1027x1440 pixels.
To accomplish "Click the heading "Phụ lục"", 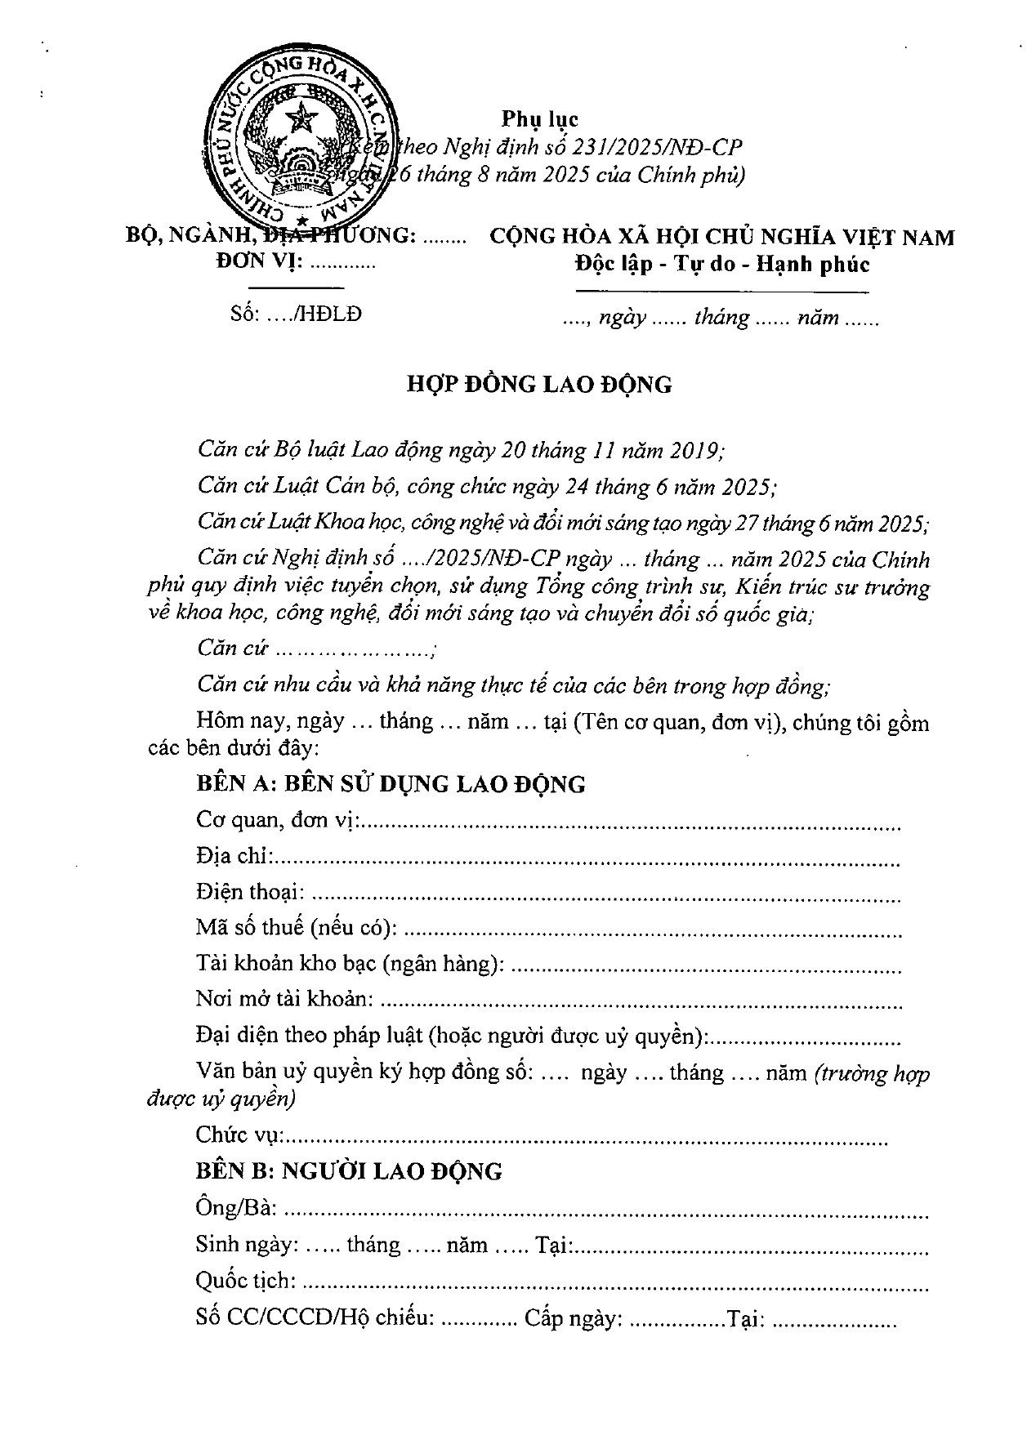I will (540, 118).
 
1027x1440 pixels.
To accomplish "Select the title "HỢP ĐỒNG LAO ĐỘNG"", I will (539, 385).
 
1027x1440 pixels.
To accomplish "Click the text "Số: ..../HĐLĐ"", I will (296, 314).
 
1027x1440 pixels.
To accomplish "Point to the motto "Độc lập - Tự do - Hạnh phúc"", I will (721, 265).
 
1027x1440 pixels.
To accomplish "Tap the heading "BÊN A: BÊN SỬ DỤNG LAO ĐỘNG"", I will (391, 784).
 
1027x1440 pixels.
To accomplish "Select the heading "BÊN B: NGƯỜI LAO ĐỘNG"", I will (349, 1171).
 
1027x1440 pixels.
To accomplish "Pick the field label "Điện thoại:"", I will (250, 892).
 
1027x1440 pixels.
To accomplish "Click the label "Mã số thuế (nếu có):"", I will (297, 928).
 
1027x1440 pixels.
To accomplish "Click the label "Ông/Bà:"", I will (236, 1207).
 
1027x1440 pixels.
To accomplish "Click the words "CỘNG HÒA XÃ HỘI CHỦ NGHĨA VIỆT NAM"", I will (721, 238).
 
